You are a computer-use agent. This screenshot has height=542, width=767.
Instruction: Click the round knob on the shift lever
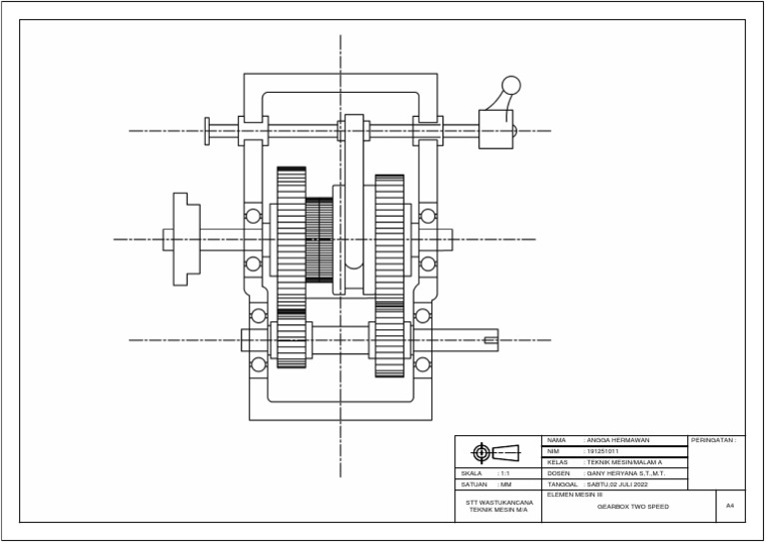511,86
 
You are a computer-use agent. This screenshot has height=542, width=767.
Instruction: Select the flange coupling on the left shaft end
183,240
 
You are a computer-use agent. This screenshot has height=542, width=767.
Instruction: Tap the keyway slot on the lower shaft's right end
490,340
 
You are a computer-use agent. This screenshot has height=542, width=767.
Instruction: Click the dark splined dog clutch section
319,240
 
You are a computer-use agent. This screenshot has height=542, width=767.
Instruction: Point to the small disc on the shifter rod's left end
207,131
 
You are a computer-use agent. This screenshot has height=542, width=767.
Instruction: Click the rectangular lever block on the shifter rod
494,130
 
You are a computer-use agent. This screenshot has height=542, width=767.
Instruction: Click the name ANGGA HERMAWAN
618,440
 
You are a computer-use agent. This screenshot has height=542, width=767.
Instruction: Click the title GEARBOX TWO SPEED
633,507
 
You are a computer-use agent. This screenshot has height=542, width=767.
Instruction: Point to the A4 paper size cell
730,507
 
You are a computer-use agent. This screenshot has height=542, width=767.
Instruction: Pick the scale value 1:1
505,473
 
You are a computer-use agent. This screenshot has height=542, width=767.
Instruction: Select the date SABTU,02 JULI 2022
618,484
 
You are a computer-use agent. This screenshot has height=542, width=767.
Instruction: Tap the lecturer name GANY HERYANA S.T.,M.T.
625,473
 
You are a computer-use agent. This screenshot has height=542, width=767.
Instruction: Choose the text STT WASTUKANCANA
499,502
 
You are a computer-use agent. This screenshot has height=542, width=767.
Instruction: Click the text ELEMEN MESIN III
574,494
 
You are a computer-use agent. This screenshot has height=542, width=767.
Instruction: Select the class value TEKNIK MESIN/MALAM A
625,462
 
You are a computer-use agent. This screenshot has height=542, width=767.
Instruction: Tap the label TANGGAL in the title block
562,484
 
